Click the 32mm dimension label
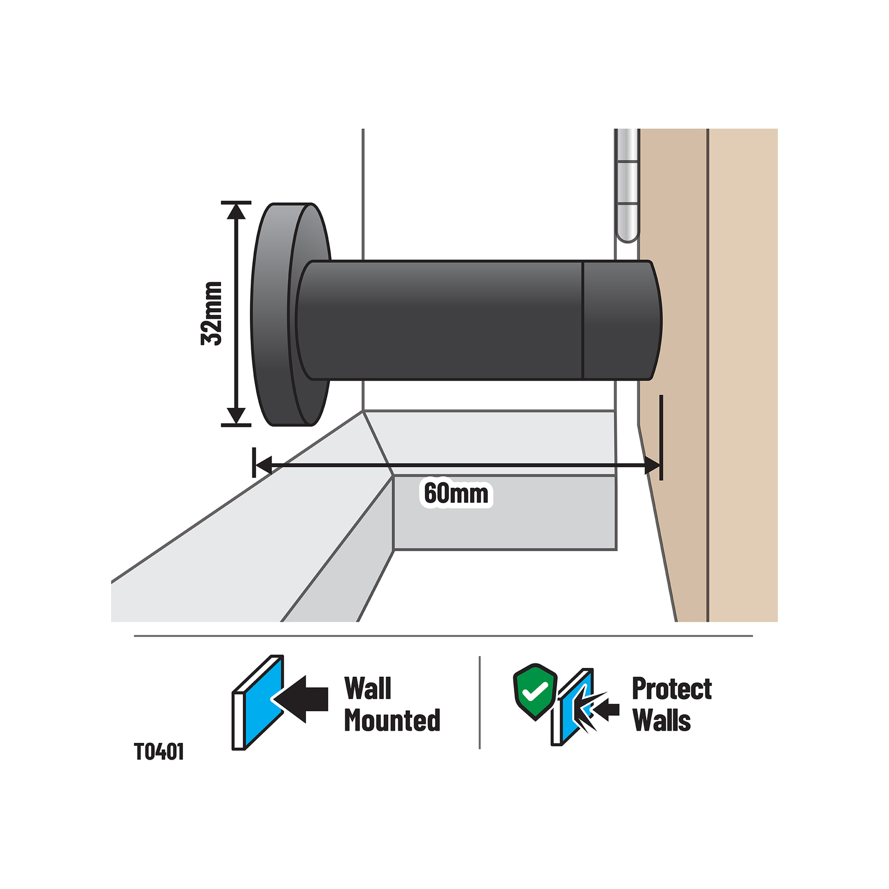[212, 314]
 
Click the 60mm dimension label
[456, 493]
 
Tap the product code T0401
[159, 752]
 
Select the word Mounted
[392, 721]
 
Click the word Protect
[672, 690]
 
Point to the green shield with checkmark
[535, 691]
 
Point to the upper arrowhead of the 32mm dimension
[237, 211]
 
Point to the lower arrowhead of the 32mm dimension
[237, 416]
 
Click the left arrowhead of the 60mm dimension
[263, 465]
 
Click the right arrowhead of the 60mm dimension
[652, 465]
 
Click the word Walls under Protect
[661, 721]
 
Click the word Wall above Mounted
[368, 689]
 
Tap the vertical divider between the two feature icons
[480, 702]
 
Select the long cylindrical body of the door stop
[439, 320]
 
